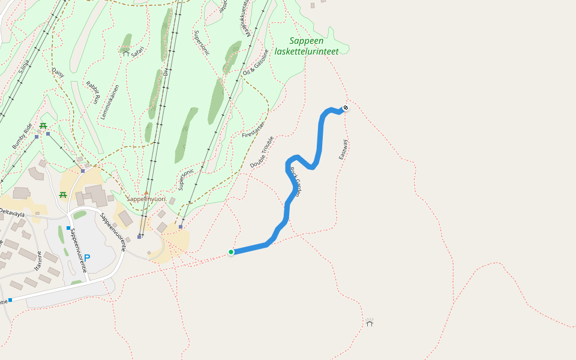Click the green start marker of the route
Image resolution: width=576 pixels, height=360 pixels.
(x=231, y=252)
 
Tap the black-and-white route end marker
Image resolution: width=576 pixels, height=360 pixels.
(x=346, y=108)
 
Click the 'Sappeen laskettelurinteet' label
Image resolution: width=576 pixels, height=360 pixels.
(x=306, y=46)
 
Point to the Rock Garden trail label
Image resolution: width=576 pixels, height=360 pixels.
(x=295, y=182)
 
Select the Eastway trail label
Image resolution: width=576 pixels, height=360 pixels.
(x=343, y=149)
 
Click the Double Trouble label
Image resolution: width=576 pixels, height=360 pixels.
(x=262, y=152)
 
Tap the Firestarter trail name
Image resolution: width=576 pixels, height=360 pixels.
(x=253, y=128)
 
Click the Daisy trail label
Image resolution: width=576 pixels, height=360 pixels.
(x=58, y=73)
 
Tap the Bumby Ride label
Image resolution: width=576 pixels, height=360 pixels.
(x=22, y=136)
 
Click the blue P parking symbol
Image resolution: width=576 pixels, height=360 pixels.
(x=87, y=259)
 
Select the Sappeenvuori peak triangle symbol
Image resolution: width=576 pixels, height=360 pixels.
(x=146, y=193)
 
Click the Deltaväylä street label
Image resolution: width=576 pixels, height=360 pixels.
(x=12, y=212)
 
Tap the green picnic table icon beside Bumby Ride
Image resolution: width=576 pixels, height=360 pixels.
(x=43, y=125)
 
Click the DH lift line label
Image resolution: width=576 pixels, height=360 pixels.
(x=166, y=72)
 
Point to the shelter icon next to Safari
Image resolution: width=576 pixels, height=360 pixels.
(x=126, y=53)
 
